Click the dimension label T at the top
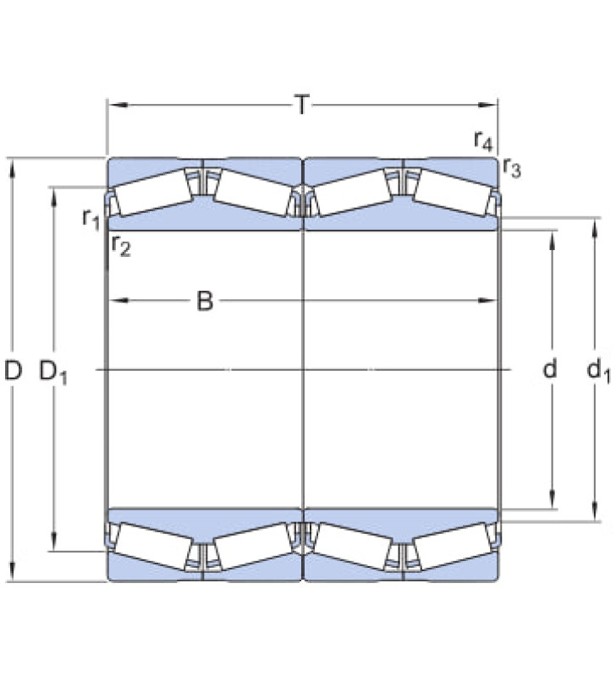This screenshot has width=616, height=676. (x=302, y=105)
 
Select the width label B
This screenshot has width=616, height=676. (x=205, y=301)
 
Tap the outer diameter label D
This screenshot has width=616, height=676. (x=13, y=370)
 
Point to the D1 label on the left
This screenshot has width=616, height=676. (x=53, y=373)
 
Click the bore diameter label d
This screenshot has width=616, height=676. (x=549, y=369)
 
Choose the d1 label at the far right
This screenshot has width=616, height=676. (x=599, y=371)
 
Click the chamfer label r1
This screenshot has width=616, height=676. (x=91, y=219)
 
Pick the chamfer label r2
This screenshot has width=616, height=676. (x=120, y=246)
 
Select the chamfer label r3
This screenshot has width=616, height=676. (x=512, y=167)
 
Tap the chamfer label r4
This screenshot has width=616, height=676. (x=483, y=141)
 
